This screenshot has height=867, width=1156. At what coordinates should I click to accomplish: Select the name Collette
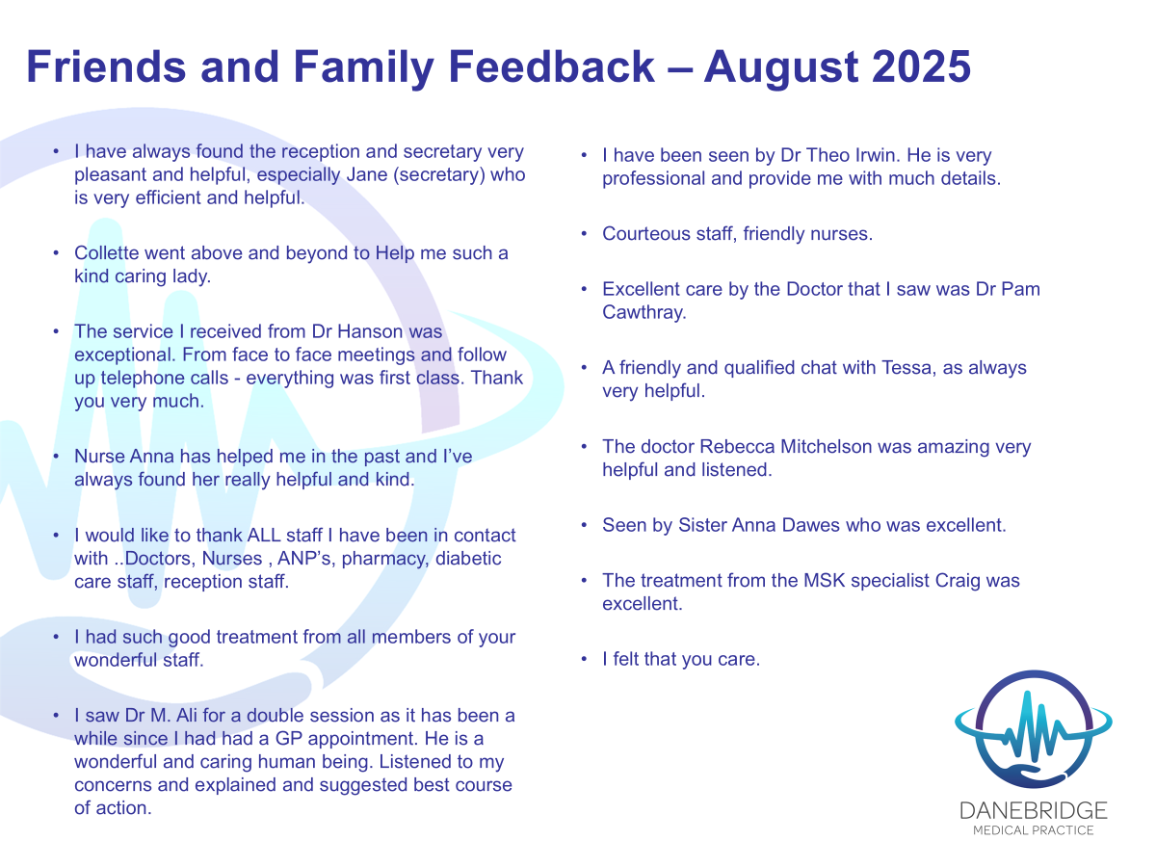pyautogui.click(x=106, y=252)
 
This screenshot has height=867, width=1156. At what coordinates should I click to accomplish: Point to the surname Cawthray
pyautogui.click(x=644, y=312)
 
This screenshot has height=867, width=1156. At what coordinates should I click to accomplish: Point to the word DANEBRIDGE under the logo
pyautogui.click(x=1034, y=811)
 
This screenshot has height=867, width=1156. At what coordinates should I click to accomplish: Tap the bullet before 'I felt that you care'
pyautogui.click(x=584, y=659)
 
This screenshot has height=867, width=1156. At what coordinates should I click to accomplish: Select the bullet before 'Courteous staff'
pyautogui.click(x=584, y=234)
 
